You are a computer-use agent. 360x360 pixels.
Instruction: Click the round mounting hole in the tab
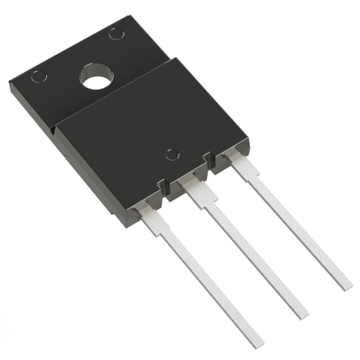(95, 77)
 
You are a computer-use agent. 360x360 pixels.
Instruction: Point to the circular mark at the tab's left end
(39, 76)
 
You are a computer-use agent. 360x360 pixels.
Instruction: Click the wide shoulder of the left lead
(153, 217)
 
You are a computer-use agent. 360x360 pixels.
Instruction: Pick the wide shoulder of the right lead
(245, 167)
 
